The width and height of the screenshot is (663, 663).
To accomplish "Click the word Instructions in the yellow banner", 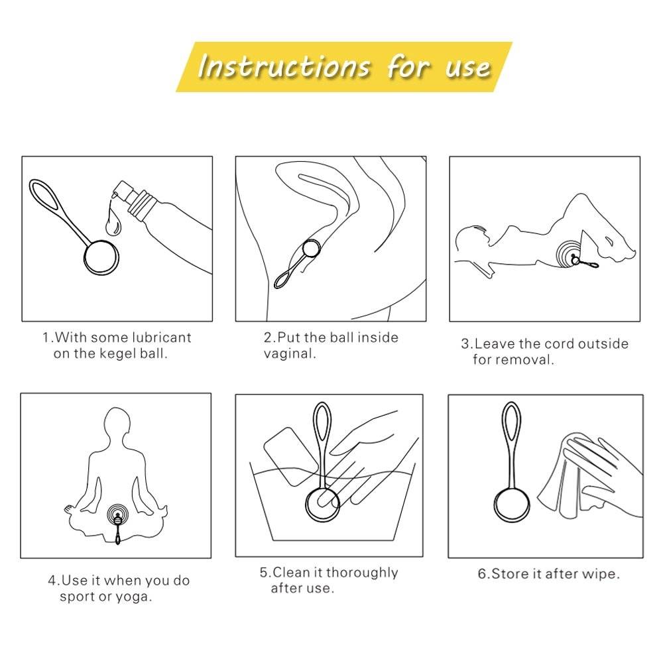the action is (284, 66).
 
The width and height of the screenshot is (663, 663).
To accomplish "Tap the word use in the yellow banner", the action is (468, 68).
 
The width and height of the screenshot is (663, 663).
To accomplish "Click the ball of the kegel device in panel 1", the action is (101, 257).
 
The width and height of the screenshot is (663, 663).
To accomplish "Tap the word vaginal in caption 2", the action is (290, 353).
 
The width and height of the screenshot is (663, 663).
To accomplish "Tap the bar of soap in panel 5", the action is (291, 457).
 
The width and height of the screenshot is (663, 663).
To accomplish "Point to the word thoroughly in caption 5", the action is (362, 573).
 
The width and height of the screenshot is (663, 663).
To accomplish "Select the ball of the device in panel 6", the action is (512, 507).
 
